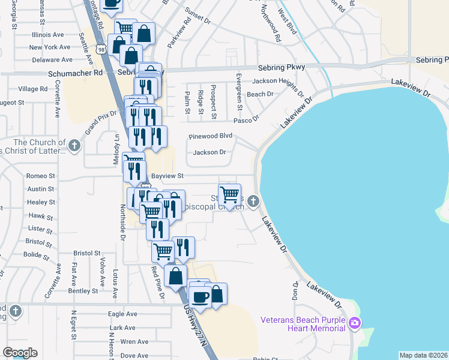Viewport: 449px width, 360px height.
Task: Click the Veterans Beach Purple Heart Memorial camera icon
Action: (355, 323)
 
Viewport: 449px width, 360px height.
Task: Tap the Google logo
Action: (20, 353)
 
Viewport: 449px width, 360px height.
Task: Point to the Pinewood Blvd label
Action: (210, 136)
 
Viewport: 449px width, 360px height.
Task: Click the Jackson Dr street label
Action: (209, 152)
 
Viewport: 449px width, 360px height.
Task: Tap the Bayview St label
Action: (166, 176)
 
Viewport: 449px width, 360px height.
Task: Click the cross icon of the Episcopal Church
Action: (253, 201)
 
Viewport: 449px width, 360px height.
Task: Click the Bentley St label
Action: (82, 291)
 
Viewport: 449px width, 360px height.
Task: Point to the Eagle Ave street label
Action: (122, 314)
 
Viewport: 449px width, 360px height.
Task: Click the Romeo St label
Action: (41, 176)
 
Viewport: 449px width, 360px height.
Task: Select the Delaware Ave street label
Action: (52, 60)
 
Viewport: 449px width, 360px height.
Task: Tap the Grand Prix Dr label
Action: (100, 122)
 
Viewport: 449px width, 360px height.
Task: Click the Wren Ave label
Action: (134, 341)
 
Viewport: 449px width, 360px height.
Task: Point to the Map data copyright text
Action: (423, 355)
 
